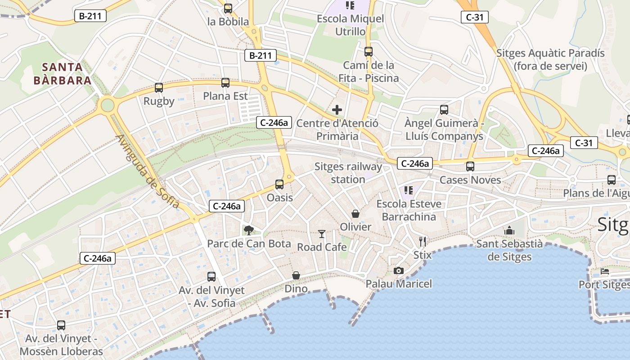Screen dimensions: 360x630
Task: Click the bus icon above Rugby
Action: tap(158, 88)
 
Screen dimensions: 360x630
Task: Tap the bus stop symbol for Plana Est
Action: tap(225, 83)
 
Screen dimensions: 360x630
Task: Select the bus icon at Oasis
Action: tap(279, 184)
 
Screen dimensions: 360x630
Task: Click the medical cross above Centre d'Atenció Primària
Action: tap(337, 110)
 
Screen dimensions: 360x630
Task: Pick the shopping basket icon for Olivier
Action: tap(355, 213)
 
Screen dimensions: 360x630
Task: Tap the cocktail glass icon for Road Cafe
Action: tap(322, 234)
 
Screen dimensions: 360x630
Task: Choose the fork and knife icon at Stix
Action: tap(422, 242)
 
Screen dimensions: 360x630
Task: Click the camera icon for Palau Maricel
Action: tap(398, 270)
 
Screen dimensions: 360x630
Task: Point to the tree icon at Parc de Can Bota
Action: tap(248, 230)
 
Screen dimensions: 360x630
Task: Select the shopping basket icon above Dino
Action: tap(296, 275)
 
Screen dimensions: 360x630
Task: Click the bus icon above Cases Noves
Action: tap(470, 166)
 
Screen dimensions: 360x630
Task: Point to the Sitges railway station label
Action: tap(348, 173)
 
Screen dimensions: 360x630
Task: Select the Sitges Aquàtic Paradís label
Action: tap(550, 59)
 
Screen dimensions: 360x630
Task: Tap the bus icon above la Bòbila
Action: tap(228, 8)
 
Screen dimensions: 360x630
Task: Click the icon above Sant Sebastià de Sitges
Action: tap(509, 230)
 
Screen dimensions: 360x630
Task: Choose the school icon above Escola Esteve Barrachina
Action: tap(409, 190)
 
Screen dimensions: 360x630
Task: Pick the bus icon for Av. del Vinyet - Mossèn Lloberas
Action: tap(61, 325)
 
